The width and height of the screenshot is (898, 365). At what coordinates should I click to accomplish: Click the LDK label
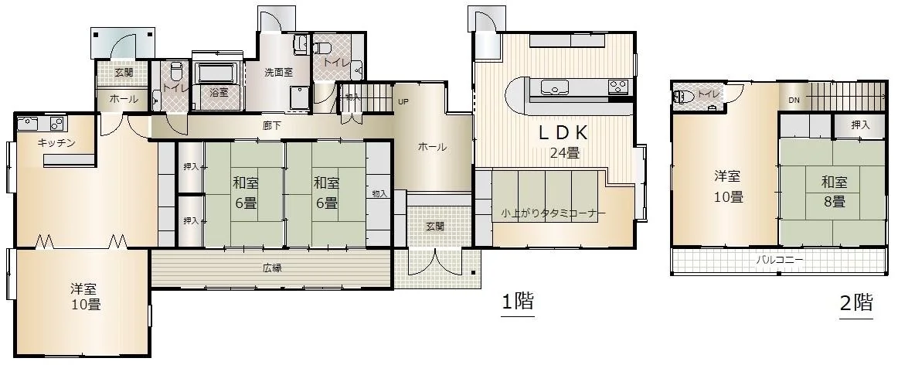pyautogui.click(x=563, y=133)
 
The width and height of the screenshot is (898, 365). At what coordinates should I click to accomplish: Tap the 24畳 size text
pyautogui.click(x=564, y=153)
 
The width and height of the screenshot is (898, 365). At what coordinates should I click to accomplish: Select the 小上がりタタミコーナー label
pyautogui.click(x=552, y=214)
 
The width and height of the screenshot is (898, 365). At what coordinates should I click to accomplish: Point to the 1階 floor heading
pyautogui.click(x=518, y=302)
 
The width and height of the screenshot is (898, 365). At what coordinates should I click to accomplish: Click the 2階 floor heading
pyautogui.click(x=856, y=302)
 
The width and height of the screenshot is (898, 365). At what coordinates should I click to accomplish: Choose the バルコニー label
pyautogui.click(x=780, y=260)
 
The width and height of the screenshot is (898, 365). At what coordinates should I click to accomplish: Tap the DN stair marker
pyautogui.click(x=794, y=100)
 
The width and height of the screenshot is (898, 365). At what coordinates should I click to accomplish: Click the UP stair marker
pyautogui.click(x=403, y=102)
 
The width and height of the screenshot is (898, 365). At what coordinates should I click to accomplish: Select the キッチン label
pyautogui.click(x=56, y=143)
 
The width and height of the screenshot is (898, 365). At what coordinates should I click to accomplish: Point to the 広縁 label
pyautogui.click(x=272, y=268)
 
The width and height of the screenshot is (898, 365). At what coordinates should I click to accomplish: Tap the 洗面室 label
pyautogui.click(x=278, y=73)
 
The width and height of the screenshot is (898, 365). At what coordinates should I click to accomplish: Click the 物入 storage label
pyautogui.click(x=379, y=194)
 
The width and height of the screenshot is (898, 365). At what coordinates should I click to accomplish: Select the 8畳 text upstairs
pyautogui.click(x=834, y=202)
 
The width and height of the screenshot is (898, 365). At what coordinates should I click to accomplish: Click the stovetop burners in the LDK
pyautogui.click(x=618, y=87)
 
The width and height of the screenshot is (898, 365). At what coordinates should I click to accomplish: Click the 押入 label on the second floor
pyautogui.click(x=859, y=125)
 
